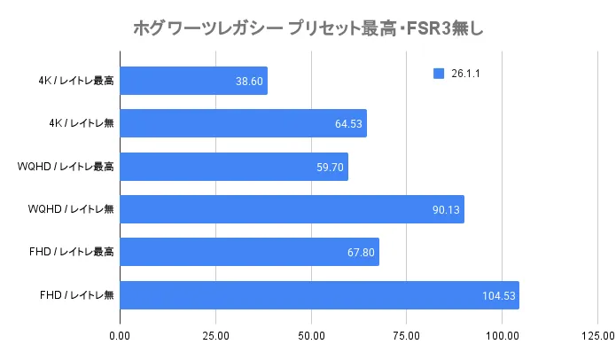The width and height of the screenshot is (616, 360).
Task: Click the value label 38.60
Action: pyautogui.click(x=249, y=81)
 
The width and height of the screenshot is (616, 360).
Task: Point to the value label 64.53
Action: pyautogui.click(x=348, y=123)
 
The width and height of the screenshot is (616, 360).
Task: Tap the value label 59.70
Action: pyautogui.click(x=330, y=166)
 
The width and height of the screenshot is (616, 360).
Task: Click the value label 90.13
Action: pyautogui.click(x=446, y=209)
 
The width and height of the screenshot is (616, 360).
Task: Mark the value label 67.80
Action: pyautogui.click(x=361, y=252)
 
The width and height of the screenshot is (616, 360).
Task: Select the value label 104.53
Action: pyautogui.click(x=498, y=294)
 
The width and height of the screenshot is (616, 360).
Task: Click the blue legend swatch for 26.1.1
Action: pyautogui.click(x=438, y=74)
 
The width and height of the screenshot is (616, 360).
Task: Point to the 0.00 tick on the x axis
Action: pyautogui.click(x=120, y=336)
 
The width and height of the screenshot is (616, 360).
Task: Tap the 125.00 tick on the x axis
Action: pyautogui.click(x=597, y=336)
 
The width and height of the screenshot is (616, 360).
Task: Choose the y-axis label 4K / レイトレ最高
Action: pyautogui.click(x=76, y=81)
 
